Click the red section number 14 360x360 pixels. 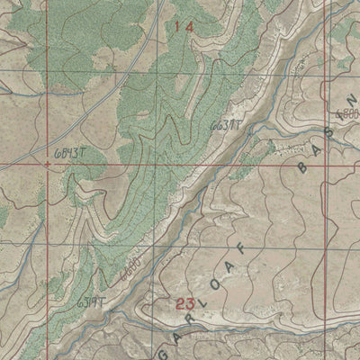pyautogui.click(x=184, y=27)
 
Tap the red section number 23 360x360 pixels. pyautogui.click(x=186, y=304)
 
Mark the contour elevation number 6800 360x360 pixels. pyautogui.click(x=347, y=115)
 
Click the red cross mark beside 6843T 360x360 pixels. pyautogui.click(x=47, y=165)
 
